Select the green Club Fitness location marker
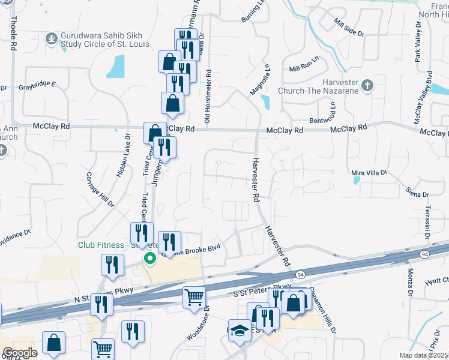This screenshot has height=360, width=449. (x=149, y=259)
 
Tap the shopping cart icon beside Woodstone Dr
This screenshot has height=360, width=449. (x=194, y=297)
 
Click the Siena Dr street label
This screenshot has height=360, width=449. (x=417, y=193)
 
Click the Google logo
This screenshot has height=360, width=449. (x=20, y=353)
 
